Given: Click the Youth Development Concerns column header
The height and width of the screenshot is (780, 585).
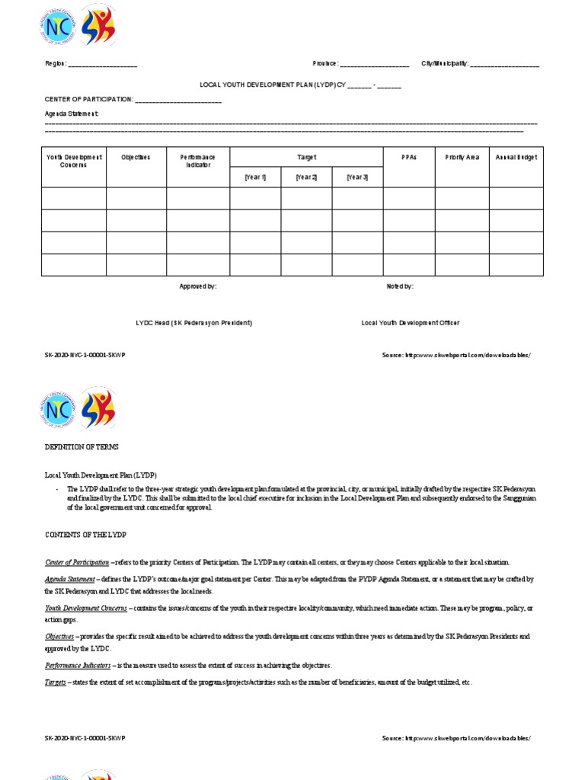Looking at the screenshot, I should point(74,161).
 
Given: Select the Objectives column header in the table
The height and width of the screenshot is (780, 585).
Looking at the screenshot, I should point(136,158).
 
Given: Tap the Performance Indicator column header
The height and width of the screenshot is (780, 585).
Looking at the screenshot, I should point(198,161).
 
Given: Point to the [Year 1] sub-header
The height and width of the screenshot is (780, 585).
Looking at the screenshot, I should point(255,177).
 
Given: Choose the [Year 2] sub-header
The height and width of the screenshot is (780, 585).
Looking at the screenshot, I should point(306,177).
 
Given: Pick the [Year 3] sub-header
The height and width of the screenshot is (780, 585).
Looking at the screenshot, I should point(357,177).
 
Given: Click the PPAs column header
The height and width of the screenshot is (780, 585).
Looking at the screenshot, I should point(409,158).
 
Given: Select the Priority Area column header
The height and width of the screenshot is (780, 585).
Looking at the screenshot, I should point(462,158).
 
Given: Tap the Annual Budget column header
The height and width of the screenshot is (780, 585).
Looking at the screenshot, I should point(516,158).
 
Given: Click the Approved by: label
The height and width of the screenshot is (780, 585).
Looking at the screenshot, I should point(198,286).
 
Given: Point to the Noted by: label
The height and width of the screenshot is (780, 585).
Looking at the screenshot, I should point(400,286).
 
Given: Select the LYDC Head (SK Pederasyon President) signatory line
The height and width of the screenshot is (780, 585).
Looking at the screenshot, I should point(193,323).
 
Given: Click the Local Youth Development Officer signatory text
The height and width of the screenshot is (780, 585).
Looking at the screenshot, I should point(410,323).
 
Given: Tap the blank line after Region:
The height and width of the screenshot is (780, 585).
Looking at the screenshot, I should point(103,65).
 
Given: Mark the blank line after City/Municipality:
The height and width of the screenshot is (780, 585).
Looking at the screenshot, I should point(504,65).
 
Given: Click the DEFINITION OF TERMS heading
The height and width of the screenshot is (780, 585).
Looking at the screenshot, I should point(82,447).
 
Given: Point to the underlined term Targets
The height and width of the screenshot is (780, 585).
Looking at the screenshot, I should point(56,682).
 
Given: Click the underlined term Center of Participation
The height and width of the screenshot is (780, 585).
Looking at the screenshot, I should point(77,562).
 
